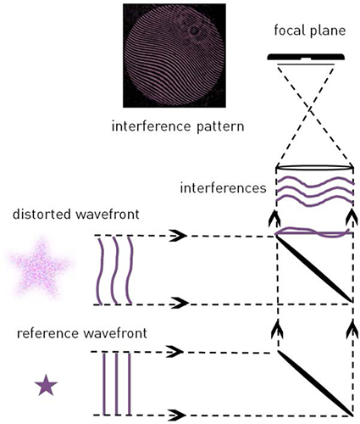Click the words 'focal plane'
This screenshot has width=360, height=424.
[310, 31]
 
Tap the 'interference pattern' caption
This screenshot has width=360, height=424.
[178, 126]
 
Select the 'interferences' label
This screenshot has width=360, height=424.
[223, 188]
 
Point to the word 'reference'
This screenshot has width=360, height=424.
[48, 333]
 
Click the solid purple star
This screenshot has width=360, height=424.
[46, 385]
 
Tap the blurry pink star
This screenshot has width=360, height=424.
[40, 267]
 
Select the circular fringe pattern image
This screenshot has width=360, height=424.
[174, 56]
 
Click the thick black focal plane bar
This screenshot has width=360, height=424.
[306, 57]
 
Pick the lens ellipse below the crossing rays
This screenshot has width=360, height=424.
[314, 168]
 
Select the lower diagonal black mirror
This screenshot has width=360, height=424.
[316, 383]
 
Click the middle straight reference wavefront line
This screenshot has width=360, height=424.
[116, 383]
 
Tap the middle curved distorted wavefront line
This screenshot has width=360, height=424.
[114, 271]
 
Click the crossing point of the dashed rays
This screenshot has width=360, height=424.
[311, 108]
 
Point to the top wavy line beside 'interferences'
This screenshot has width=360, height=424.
[314, 181]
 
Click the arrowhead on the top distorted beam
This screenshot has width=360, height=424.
[178, 235]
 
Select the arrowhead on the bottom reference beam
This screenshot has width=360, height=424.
[177, 415]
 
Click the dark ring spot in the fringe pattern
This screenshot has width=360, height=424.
[194, 31]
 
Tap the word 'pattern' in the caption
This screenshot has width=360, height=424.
[220, 126]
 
